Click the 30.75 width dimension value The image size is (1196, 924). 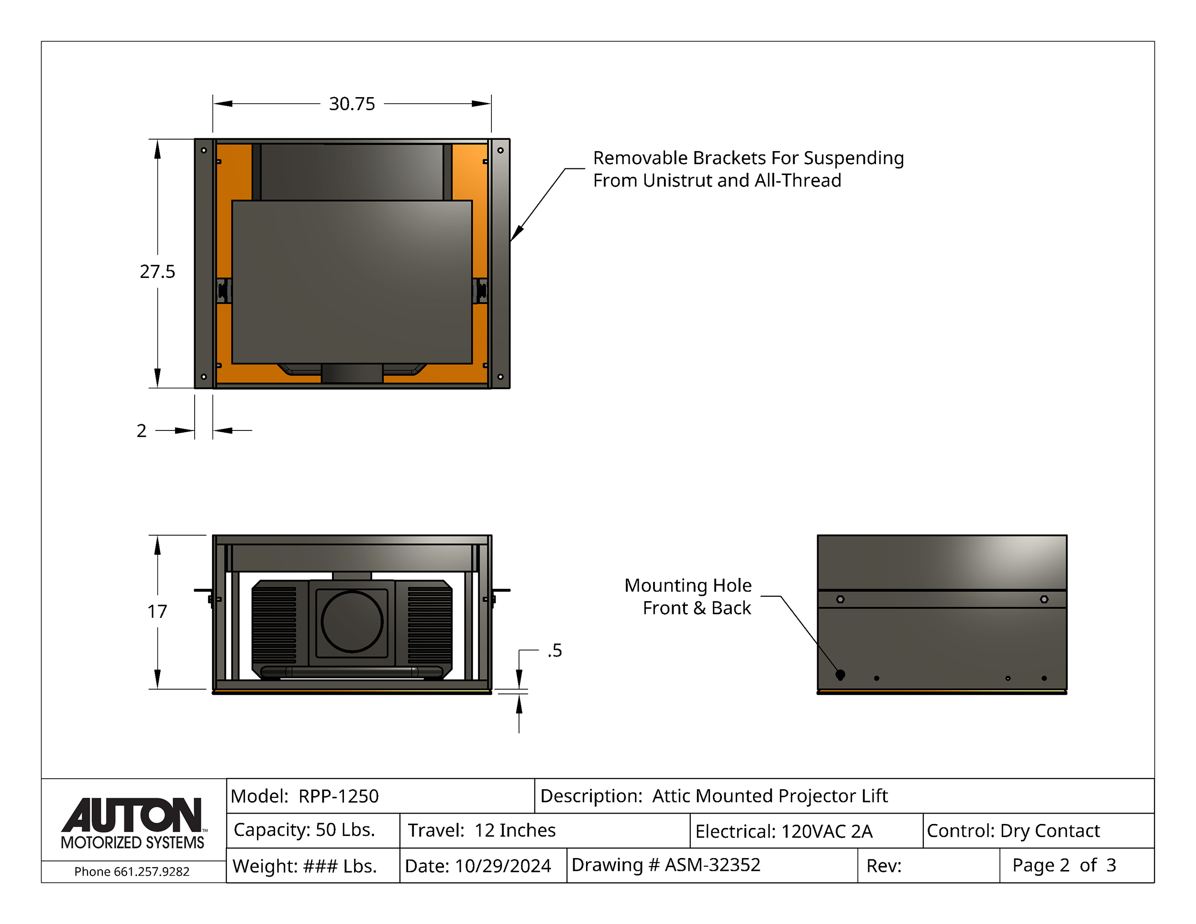coord(352,103)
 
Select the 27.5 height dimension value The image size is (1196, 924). coord(157,272)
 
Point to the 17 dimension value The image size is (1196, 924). coord(157,611)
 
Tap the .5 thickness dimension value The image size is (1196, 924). coord(555,650)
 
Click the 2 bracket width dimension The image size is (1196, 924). coord(141,431)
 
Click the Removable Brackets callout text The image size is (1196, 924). coord(748,169)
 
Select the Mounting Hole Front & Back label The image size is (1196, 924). coord(688,597)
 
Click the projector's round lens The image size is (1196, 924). coord(352,621)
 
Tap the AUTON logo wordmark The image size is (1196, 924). coord(132,815)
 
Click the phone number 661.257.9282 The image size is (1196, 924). coord(152,871)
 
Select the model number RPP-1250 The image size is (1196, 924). coord(338,796)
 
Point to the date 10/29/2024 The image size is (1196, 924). coord(503,866)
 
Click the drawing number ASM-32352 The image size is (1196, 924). coord(712,865)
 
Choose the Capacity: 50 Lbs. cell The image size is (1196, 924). coord(313,830)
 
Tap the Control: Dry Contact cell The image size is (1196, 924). coord(1038,830)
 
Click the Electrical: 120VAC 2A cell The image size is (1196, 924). coord(807,830)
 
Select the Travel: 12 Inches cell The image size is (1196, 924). coord(545,830)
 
